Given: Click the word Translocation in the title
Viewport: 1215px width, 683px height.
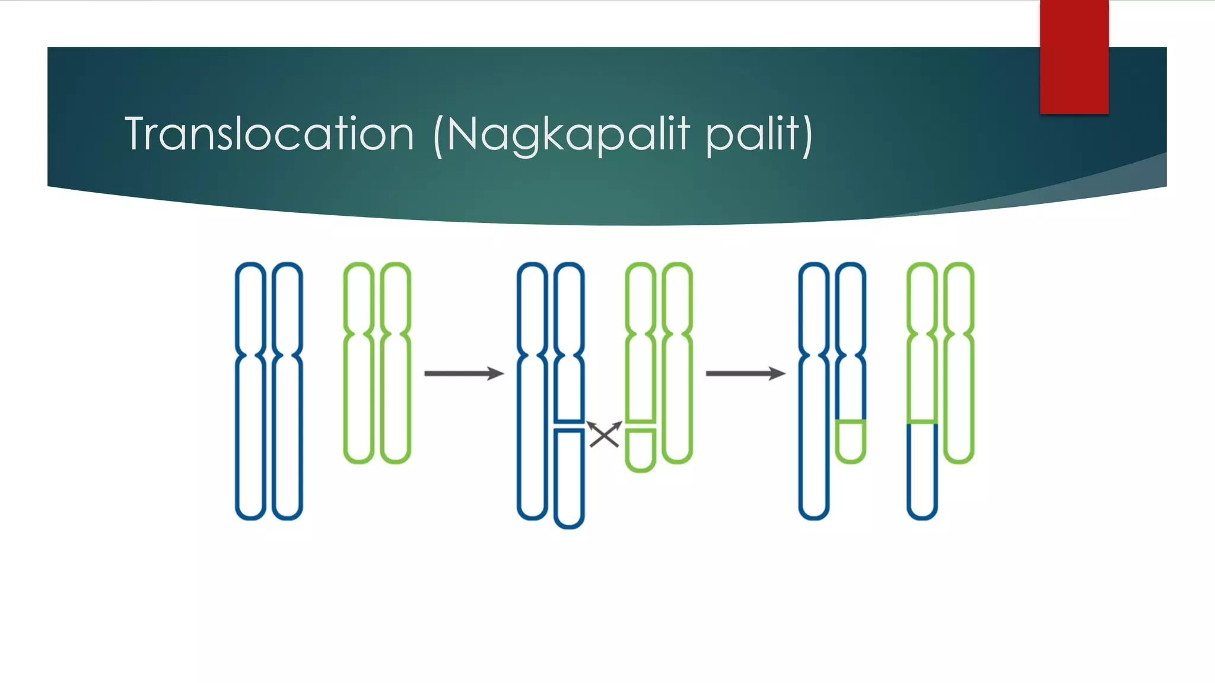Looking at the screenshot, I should [269, 134].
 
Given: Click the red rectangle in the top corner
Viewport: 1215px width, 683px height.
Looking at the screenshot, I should [1074, 56].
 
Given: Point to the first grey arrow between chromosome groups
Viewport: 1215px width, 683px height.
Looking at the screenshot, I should [463, 374].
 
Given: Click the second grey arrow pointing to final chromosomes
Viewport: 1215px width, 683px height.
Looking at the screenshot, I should [745, 374].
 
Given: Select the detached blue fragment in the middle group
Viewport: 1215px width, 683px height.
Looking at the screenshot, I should [569, 478].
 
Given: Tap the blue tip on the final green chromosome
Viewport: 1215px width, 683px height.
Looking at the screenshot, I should [922, 471].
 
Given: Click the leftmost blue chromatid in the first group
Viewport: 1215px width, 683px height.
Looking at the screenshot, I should [250, 391].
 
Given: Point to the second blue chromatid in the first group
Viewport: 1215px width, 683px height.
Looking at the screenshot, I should [287, 391].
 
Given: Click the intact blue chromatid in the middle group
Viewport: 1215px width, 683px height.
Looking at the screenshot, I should [532, 391].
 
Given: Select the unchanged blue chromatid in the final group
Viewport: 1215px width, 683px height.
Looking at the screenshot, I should [813, 391].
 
